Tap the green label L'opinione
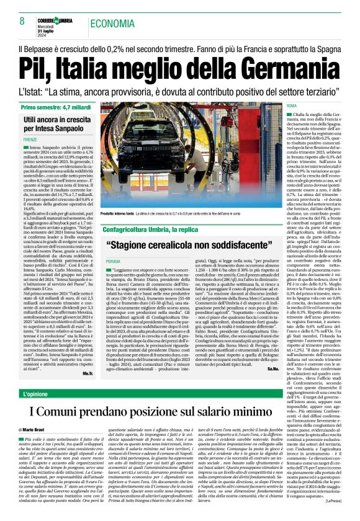41,377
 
